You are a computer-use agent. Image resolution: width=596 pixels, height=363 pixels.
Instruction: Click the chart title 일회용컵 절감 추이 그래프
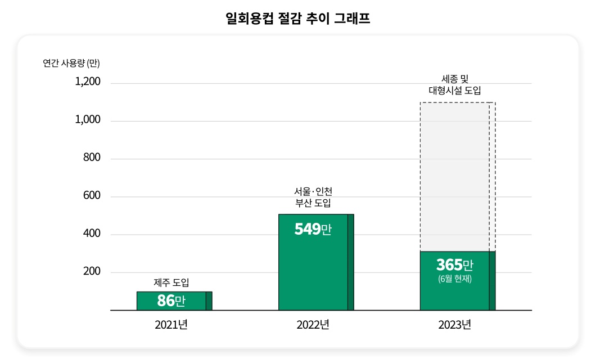pyautogui.click(x=297, y=19)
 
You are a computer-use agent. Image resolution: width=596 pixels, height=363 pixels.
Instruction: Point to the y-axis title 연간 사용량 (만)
pyautogui.click(x=71, y=63)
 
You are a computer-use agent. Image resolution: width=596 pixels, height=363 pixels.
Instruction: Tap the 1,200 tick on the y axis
pyautogui.click(x=88, y=82)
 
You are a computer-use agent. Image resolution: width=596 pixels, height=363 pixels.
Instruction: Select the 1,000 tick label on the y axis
pyautogui.click(x=88, y=120)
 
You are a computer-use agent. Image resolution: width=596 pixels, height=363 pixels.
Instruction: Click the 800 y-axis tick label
pyautogui.click(x=91, y=158)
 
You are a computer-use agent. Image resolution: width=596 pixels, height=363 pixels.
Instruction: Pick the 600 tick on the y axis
pyautogui.click(x=91, y=196)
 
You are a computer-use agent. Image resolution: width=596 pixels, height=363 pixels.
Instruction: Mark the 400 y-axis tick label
pyautogui.click(x=91, y=234)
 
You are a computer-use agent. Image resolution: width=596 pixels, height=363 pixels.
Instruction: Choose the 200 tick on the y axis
pyautogui.click(x=91, y=271)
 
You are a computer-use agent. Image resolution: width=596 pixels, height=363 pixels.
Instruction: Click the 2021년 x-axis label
pyautogui.click(x=171, y=325)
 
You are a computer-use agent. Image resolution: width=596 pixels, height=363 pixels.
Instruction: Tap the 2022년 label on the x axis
pyautogui.click(x=313, y=325)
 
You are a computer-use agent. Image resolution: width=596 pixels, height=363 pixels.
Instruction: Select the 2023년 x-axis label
pyautogui.click(x=454, y=325)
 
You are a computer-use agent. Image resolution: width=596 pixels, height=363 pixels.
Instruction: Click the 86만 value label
pyautogui.click(x=171, y=301)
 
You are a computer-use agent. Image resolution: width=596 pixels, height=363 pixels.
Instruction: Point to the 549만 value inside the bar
pyautogui.click(x=313, y=229)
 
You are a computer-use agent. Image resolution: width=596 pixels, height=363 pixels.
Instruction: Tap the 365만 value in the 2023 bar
pyautogui.click(x=454, y=265)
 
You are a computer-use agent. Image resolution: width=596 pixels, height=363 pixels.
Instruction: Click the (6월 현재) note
pyautogui.click(x=454, y=278)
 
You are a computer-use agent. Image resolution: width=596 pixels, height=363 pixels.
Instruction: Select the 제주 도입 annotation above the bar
pyautogui.click(x=171, y=283)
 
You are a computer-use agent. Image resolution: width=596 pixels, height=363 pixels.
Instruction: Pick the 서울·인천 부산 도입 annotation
pyautogui.click(x=313, y=197)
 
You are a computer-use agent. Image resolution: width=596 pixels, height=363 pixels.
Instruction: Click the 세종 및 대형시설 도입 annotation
pyautogui.click(x=455, y=85)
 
